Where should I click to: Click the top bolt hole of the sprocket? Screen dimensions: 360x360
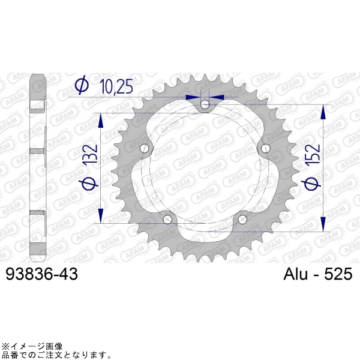point(205,105)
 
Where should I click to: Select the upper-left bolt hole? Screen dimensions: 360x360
point(144,149)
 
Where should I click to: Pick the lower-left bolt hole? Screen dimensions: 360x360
point(167,220)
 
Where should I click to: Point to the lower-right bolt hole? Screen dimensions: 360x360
point(242,220)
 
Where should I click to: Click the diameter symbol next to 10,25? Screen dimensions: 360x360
point(83,86)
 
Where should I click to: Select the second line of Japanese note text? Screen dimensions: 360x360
point(53,355)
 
